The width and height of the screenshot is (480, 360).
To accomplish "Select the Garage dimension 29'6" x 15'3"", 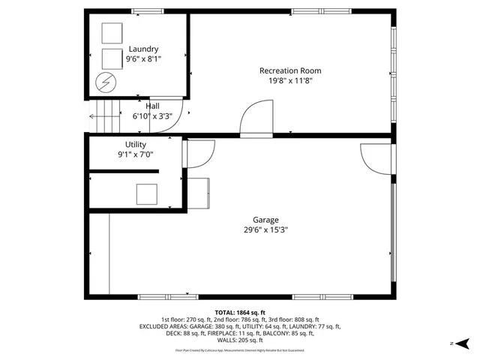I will click(265, 230).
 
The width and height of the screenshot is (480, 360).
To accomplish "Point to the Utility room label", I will click(135, 144).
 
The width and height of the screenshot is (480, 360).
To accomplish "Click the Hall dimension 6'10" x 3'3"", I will click(152, 116).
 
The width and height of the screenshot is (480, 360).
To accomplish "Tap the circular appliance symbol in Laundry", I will click(105, 81).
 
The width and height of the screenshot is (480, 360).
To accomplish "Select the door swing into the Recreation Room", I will click(253, 120).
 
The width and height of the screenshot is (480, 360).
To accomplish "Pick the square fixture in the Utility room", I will click(147, 194).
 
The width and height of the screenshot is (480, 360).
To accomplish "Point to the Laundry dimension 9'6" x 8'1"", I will click(142, 58).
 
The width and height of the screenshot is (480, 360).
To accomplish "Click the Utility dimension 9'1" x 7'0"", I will click(135, 154).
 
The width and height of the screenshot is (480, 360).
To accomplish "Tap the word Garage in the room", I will click(265, 220).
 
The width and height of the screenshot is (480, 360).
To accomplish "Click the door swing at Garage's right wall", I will click(375, 158).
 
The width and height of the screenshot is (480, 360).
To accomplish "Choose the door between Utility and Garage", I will click(194, 154).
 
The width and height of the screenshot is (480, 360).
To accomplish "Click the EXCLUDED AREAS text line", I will click(240, 326).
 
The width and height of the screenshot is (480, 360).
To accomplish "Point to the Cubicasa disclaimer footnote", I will click(240, 350).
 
